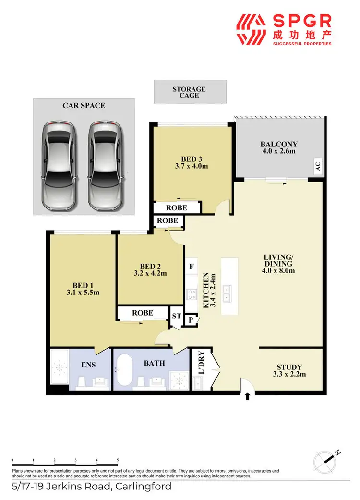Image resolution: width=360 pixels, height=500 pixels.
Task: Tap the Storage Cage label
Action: coord(189,92)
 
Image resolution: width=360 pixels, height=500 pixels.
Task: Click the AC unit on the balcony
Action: coord(317,167)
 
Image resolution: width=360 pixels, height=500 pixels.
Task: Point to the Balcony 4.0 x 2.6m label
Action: coord(279,147)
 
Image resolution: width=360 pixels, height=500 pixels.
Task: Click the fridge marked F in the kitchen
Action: coord(191,266)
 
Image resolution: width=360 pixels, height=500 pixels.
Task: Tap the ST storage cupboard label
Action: coord(177,317)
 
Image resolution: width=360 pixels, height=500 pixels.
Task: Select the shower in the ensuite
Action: coord(60,367)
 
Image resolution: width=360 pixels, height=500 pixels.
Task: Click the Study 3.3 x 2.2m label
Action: coord(289,371)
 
